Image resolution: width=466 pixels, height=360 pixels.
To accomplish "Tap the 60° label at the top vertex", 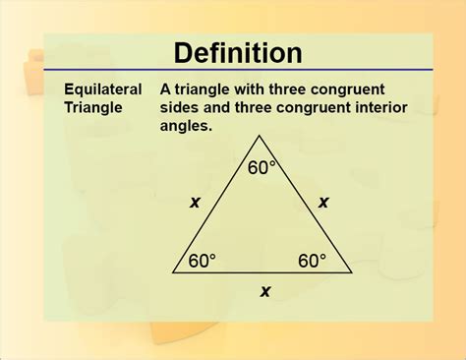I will pyautogui.click(x=262, y=168).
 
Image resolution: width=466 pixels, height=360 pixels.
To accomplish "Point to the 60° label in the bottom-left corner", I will pyautogui.click(x=203, y=261).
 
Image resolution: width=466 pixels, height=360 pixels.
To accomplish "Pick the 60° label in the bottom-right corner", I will pyautogui.click(x=312, y=261).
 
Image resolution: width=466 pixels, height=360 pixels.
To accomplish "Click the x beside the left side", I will pyautogui.click(x=195, y=203).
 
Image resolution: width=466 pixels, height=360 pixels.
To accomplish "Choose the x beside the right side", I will pyautogui.click(x=324, y=203).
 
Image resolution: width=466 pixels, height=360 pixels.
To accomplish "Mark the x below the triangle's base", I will pyautogui.click(x=263, y=290).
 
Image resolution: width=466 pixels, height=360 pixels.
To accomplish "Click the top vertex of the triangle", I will pyautogui.click(x=262, y=149).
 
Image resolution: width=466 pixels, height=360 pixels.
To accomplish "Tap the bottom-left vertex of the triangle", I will pyautogui.click(x=173, y=272).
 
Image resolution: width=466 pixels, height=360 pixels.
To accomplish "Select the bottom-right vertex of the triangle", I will pyautogui.click(x=352, y=272).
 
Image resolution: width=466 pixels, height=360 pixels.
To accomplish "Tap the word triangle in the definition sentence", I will pyautogui.click(x=201, y=88).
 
